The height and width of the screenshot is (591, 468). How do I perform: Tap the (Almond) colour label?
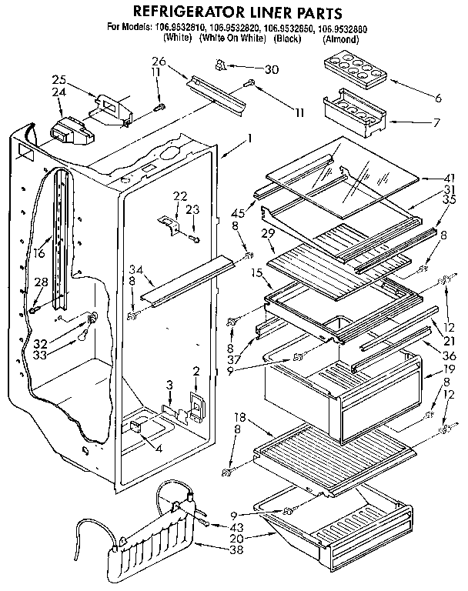pos(339,38)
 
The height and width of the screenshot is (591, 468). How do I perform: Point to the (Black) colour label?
pos(287,38)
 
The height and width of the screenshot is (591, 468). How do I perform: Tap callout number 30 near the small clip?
pos(269,69)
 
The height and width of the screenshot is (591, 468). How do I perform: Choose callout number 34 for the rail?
pos(137,269)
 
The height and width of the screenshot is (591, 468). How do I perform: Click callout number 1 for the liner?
pos(249,139)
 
